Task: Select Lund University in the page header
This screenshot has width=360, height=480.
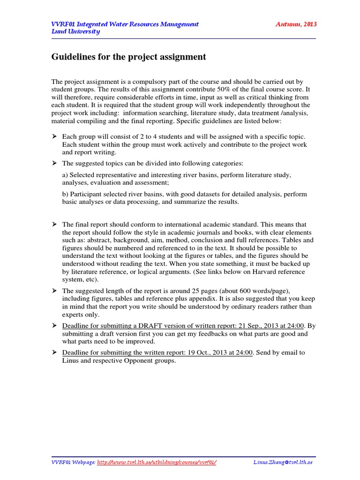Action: click(75, 31)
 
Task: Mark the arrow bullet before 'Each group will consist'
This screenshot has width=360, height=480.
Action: click(53, 136)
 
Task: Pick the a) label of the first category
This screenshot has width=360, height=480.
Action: click(65, 175)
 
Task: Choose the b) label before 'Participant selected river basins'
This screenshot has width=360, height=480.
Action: click(66, 194)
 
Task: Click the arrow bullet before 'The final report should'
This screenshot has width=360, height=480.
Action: click(53, 225)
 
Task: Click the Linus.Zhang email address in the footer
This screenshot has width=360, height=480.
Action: click(283, 462)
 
